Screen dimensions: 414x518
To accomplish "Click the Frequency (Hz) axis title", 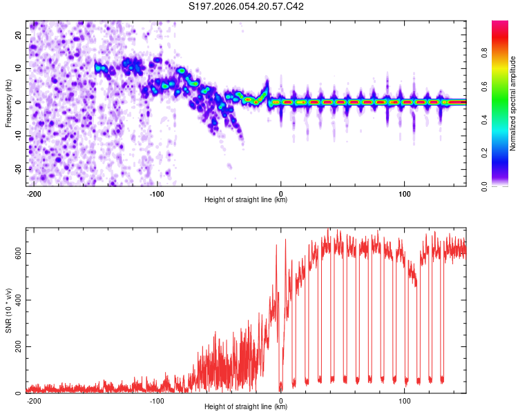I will click(x=8, y=103).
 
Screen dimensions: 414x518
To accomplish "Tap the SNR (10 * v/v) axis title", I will click(x=8, y=310).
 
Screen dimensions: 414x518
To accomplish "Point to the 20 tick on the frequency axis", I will click(x=18, y=34).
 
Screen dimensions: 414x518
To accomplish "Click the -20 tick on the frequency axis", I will click(x=17, y=169).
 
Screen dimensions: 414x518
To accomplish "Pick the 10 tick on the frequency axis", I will click(x=18, y=68).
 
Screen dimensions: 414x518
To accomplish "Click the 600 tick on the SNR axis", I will click(x=16, y=253).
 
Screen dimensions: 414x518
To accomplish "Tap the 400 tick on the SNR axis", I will click(x=16, y=300).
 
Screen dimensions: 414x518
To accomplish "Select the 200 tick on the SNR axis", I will click(x=16, y=346).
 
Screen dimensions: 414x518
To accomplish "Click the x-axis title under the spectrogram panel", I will click(x=246, y=200).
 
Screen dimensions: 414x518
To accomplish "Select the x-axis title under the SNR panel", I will click(x=246, y=407).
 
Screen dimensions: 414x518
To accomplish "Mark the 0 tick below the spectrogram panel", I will click(x=280, y=193).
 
